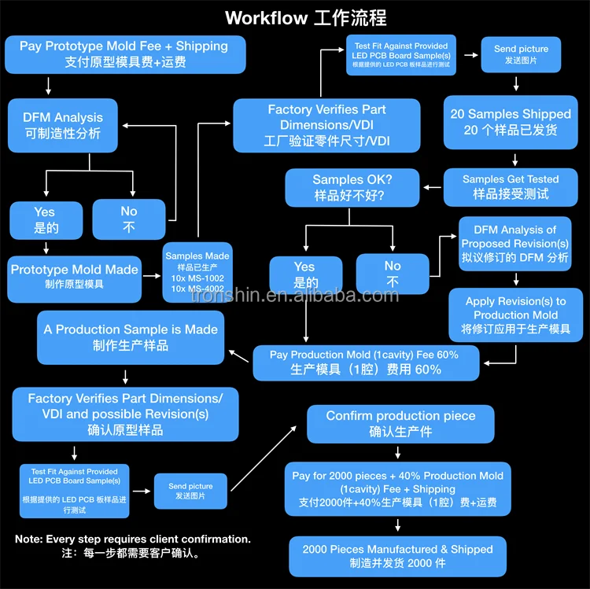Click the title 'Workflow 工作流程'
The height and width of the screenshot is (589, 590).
305,17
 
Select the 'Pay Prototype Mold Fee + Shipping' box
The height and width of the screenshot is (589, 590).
124,53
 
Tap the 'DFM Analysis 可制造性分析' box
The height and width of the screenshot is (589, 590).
63,125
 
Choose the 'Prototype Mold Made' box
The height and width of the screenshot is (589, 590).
75,276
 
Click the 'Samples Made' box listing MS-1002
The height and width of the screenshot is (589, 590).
197,271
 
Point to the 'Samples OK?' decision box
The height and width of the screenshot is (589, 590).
352,187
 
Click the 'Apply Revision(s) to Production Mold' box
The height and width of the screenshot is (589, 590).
515,315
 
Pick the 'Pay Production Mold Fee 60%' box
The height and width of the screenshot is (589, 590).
363,362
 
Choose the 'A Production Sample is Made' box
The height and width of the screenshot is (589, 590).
131,337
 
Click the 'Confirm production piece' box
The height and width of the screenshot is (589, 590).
400,424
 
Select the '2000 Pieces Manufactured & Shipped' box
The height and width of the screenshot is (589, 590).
397,556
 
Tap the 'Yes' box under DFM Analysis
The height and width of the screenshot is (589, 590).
45,219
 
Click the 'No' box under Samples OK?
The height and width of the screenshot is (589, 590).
393,273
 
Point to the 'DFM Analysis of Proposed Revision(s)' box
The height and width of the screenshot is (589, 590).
514,243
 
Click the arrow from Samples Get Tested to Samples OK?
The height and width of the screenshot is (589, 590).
432,187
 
